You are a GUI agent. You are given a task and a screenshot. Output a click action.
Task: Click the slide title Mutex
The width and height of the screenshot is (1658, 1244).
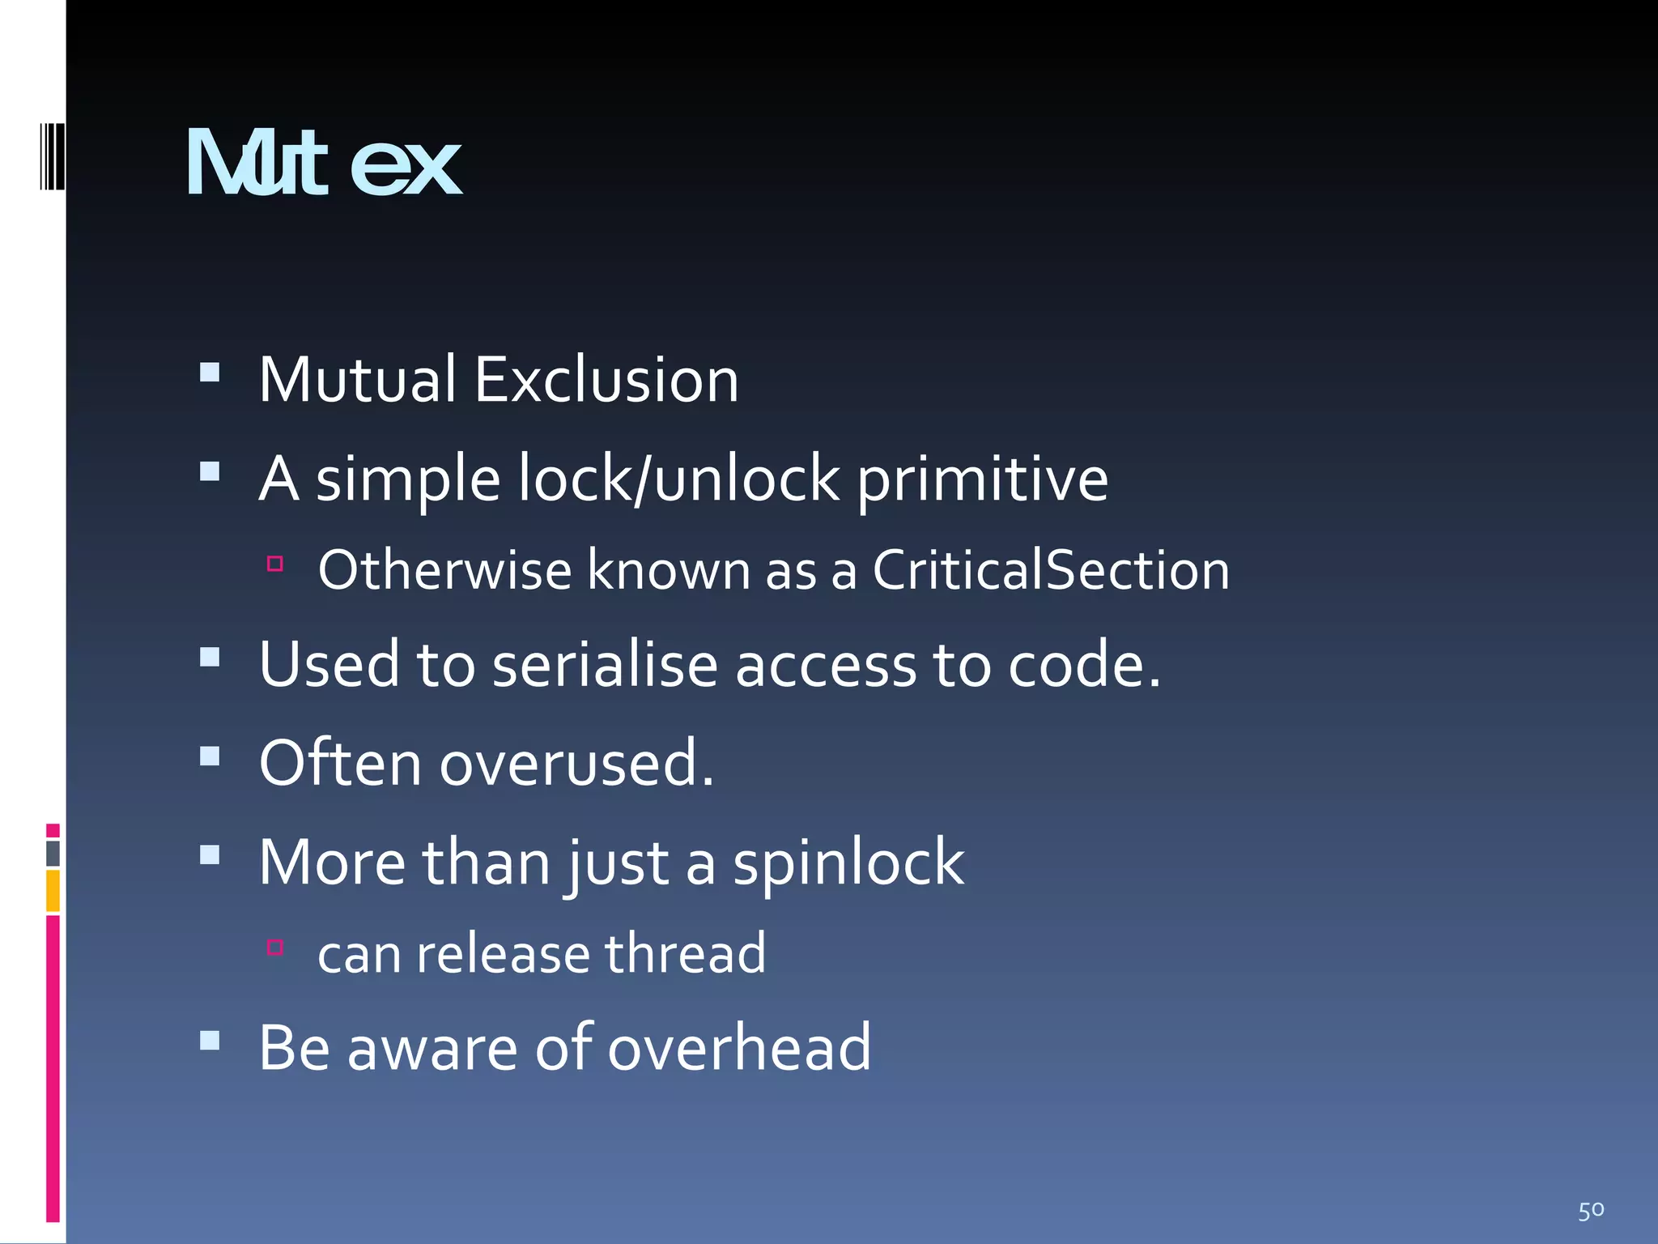click(324, 164)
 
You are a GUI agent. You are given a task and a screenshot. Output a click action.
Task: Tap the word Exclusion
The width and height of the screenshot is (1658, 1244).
click(606, 380)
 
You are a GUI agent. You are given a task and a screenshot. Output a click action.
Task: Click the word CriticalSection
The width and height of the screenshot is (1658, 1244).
click(1051, 570)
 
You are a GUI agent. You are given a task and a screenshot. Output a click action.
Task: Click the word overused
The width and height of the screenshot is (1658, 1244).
click(576, 764)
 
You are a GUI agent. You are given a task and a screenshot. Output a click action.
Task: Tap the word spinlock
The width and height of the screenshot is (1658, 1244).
click(848, 863)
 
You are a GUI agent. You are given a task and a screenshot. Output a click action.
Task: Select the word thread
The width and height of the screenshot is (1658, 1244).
click(685, 954)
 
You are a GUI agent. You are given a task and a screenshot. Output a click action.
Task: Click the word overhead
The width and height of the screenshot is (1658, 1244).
click(739, 1048)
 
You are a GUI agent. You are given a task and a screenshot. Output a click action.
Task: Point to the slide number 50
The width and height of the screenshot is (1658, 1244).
click(1591, 1211)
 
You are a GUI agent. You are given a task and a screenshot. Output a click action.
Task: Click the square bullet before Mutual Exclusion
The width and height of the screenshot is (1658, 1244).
click(210, 372)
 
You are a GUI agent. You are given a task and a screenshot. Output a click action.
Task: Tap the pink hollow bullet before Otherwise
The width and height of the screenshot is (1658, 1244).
click(275, 564)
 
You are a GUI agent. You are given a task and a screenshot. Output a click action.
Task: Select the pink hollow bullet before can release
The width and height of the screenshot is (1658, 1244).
click(275, 947)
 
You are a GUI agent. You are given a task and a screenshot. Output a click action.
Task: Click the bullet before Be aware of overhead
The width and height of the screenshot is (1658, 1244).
click(210, 1040)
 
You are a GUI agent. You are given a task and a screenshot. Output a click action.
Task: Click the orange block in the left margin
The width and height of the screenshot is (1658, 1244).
click(53, 891)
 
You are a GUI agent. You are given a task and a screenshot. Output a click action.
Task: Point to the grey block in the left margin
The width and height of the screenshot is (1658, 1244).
click(53, 854)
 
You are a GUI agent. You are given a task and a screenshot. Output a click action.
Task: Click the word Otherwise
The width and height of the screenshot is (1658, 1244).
click(445, 570)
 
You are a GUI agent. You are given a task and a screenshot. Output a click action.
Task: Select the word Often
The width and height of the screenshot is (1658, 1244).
click(340, 764)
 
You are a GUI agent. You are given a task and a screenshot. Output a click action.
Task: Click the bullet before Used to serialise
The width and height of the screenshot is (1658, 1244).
click(210, 657)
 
